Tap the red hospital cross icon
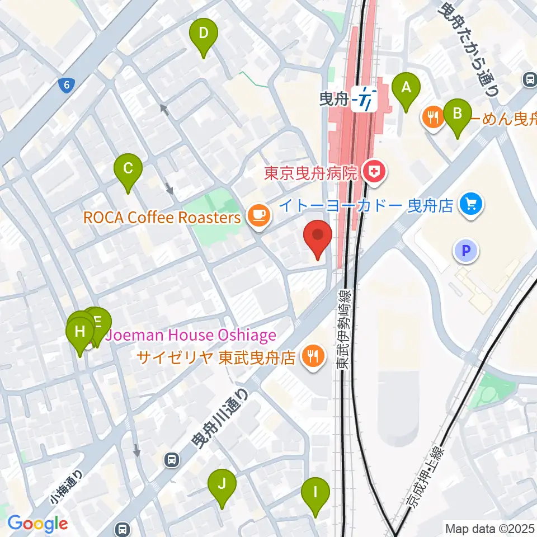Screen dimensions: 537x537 point(374,172)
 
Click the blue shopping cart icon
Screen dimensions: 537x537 point(470,205)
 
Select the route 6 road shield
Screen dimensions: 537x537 point(67,85)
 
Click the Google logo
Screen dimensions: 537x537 point(37,524)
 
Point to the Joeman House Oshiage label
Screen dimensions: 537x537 point(191,336)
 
